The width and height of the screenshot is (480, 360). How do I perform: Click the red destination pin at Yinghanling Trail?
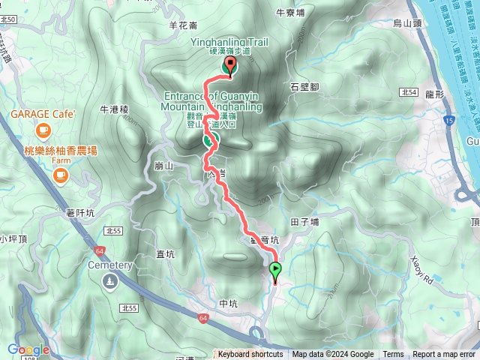(x=228, y=66)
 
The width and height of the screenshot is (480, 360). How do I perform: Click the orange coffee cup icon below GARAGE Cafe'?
(x=43, y=130)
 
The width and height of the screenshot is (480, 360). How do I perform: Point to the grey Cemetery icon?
(x=110, y=280)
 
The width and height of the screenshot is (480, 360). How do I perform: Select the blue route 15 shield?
(x=448, y=120)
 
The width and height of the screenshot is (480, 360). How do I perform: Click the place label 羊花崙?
(x=183, y=25)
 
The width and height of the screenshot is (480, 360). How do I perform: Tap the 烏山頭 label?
(x=407, y=24)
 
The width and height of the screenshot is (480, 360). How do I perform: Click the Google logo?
(x=28, y=349)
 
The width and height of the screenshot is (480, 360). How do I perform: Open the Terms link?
(x=393, y=355)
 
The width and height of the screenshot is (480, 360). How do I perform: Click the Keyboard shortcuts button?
(x=250, y=355)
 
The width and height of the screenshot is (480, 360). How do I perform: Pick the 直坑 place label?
(x=165, y=254)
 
